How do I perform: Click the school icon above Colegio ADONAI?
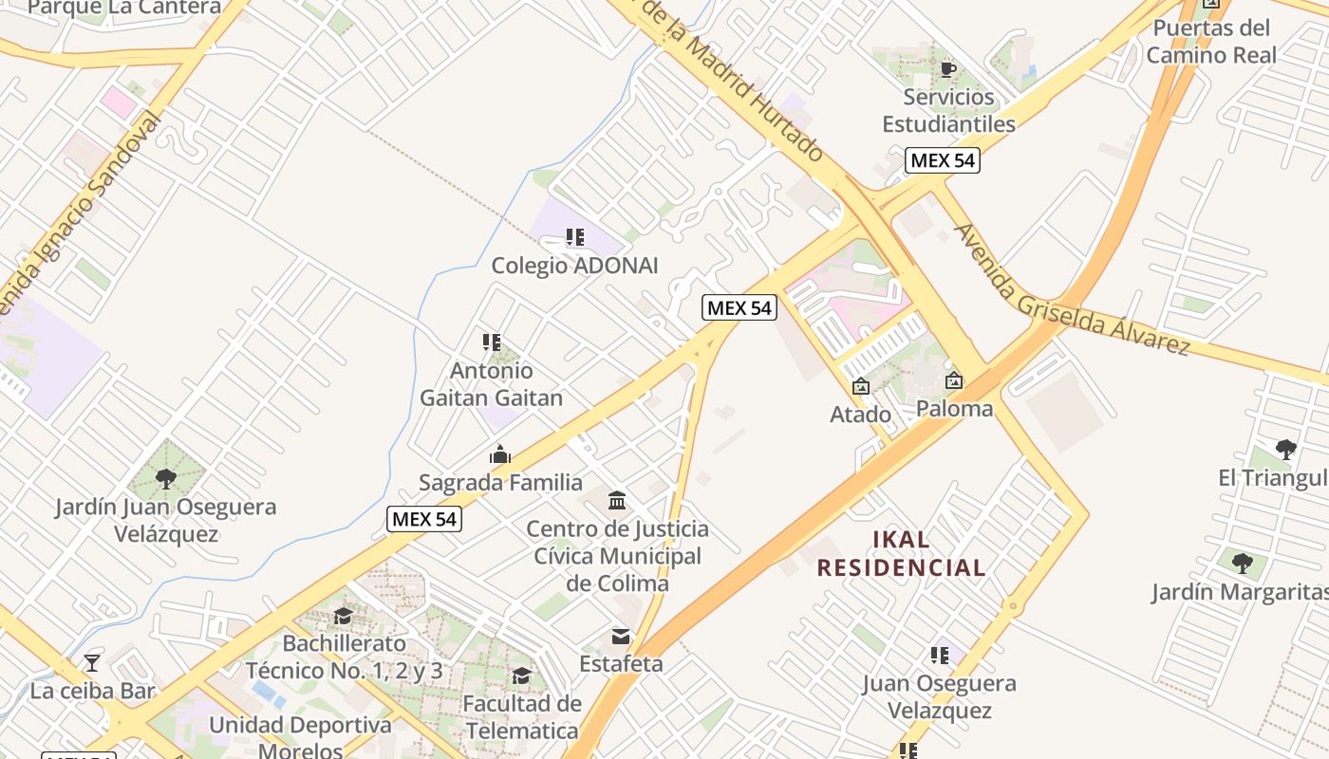click(574, 237)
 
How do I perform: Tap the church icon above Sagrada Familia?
click(500, 455)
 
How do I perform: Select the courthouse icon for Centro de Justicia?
click(617, 501)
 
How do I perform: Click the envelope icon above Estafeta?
click(621, 636)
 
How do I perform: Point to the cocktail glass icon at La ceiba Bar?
click(92, 662)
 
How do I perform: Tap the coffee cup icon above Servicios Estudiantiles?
click(947, 69)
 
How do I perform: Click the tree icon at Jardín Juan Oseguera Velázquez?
click(166, 478)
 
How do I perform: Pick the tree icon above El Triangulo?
click(1286, 449)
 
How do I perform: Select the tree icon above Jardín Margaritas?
click(1242, 564)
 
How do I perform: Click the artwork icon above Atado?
click(861, 386)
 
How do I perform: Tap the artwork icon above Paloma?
click(954, 380)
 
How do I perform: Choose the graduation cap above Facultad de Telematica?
click(521, 676)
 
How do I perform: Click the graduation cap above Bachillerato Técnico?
click(343, 616)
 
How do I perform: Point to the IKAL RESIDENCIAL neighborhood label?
click(901, 554)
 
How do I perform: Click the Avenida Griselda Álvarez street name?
click(1072, 290)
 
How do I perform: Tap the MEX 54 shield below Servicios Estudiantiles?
click(942, 160)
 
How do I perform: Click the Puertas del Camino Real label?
click(1211, 41)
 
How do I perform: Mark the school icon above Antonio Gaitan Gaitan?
click(491, 342)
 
